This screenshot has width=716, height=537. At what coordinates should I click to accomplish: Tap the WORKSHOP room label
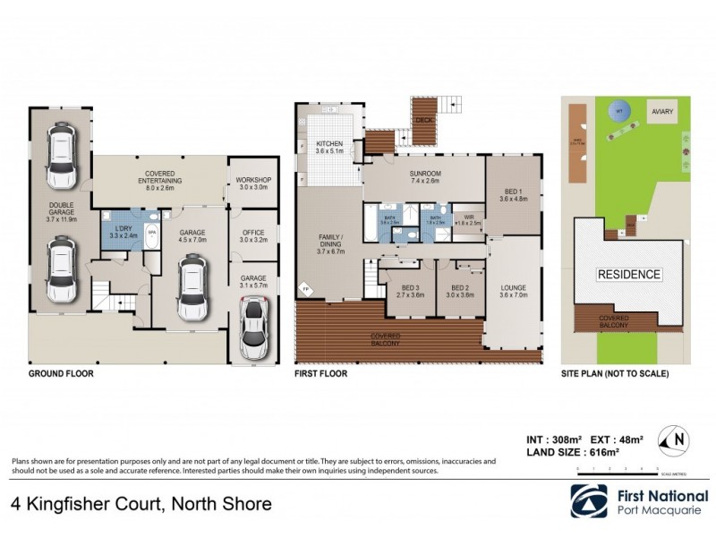click(253, 180)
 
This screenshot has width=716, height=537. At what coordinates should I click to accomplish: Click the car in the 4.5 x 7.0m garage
click(191, 287)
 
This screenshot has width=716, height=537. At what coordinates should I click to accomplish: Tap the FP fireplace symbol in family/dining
click(303, 290)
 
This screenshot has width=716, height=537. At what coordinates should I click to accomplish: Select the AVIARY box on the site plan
click(662, 111)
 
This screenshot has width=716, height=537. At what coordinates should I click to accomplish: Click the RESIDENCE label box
click(629, 274)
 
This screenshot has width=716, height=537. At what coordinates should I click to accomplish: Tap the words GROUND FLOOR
click(62, 373)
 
